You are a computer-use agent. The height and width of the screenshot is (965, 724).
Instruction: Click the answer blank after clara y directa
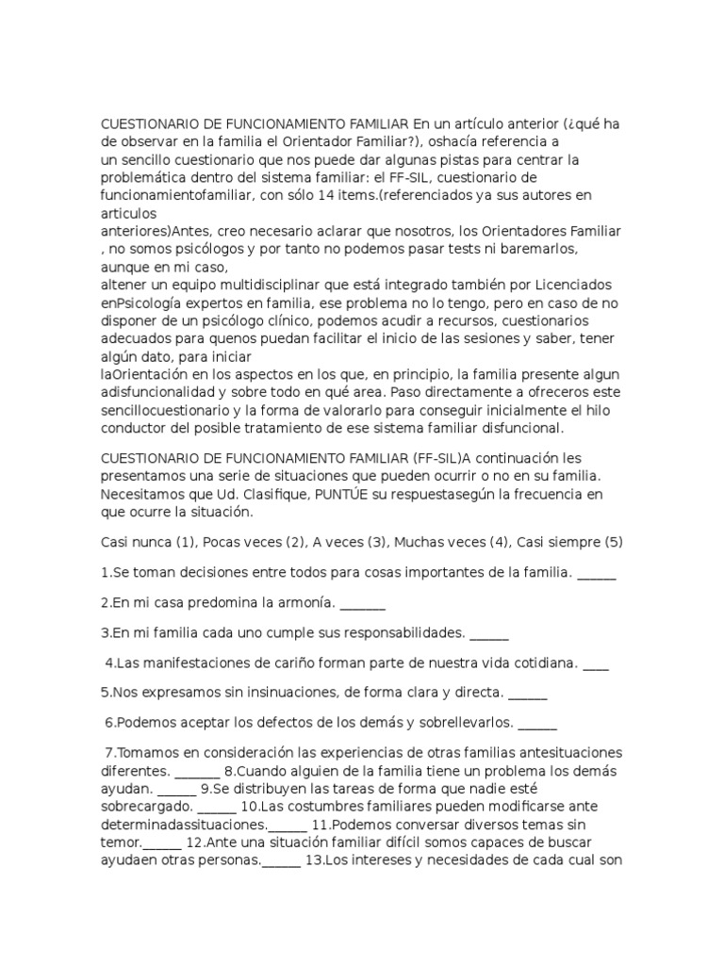527,694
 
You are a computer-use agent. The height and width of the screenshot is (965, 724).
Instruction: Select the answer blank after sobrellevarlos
537,724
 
